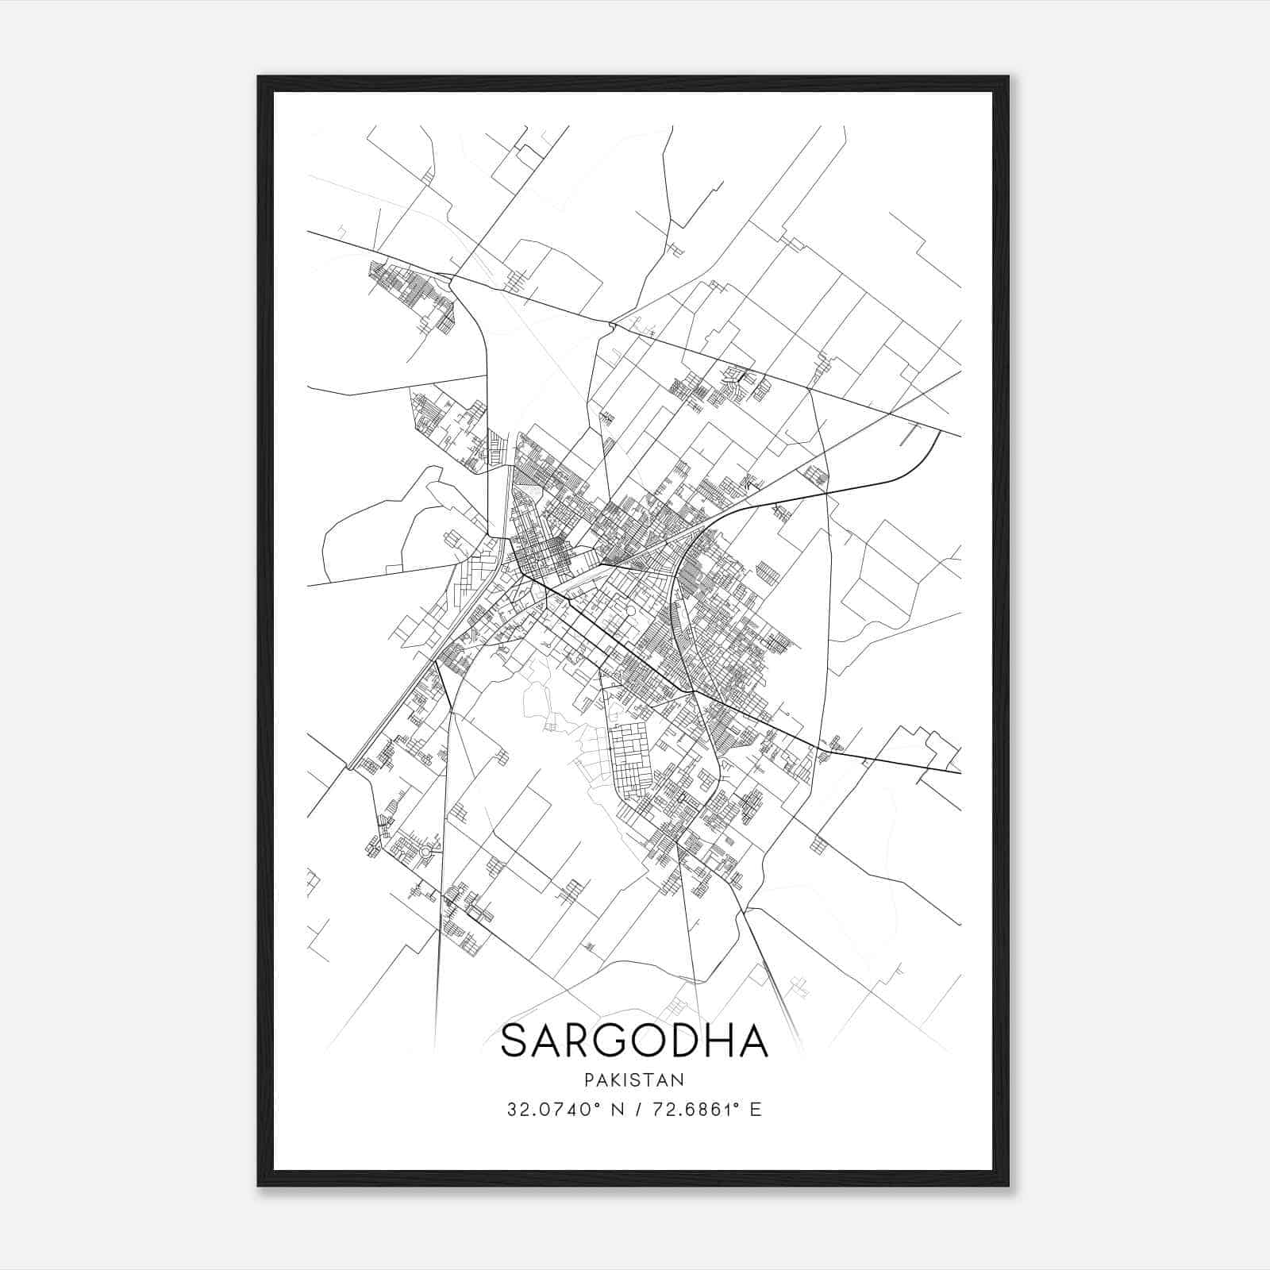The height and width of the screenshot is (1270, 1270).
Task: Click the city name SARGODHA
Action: click(x=634, y=1041)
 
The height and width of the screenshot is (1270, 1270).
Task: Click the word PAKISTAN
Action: click(x=634, y=1079)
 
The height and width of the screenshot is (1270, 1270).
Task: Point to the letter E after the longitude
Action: click(x=756, y=1110)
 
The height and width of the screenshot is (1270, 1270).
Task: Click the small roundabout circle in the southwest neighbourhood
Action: click(x=425, y=852)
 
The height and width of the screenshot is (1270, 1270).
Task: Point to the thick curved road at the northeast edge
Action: click(x=913, y=468)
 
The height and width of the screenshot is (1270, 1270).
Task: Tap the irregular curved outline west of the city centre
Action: click(x=373, y=524)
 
